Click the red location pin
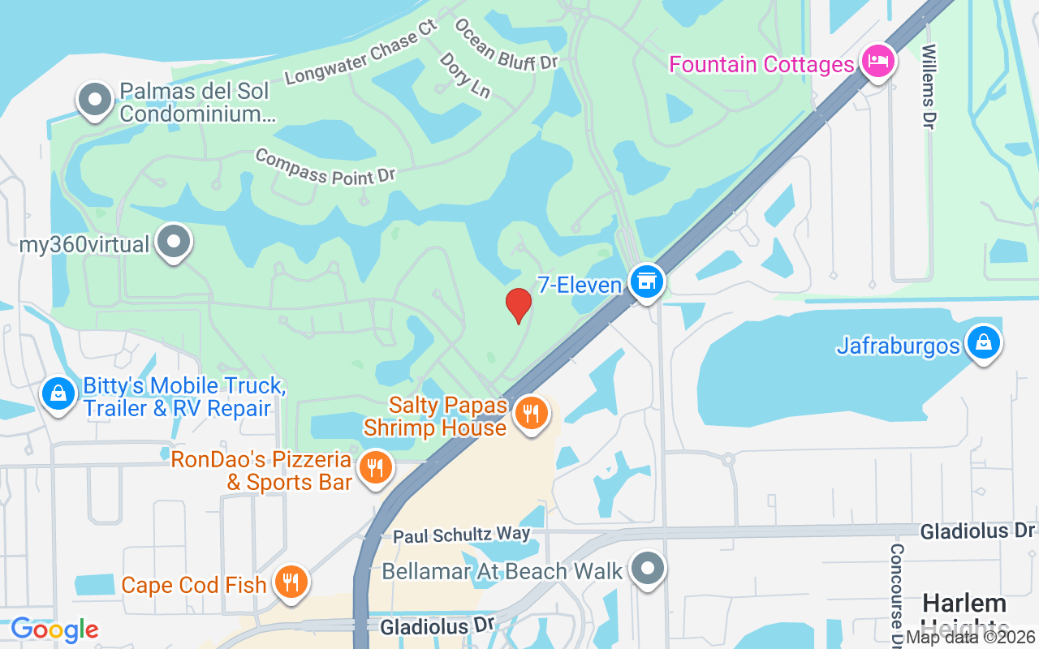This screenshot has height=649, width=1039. (x=519, y=305)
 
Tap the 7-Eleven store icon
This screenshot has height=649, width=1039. (x=647, y=282)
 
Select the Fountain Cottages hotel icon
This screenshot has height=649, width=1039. (x=877, y=61)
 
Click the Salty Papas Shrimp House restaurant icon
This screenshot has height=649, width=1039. (x=531, y=414)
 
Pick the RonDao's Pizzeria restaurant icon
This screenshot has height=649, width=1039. (x=375, y=468)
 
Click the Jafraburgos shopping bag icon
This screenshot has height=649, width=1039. (x=983, y=343)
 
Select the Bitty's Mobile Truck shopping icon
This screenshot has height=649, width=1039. (x=58, y=394)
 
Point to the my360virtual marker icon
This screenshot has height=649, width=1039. (x=173, y=242)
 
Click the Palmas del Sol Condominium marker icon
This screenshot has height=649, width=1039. (x=95, y=101)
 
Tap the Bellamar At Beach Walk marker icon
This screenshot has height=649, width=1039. (x=648, y=569)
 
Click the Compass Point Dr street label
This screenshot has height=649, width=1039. (x=325, y=166)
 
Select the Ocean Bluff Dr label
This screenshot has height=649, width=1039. (x=507, y=45)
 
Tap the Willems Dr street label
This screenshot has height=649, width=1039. (x=929, y=85)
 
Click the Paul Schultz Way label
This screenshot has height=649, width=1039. (x=461, y=535)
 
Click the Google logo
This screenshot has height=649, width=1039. (x=54, y=629)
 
